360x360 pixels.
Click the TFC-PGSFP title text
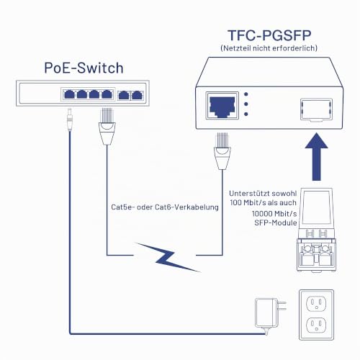269,35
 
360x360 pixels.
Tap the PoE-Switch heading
84,68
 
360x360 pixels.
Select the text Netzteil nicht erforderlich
269,48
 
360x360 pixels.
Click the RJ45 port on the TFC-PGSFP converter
222,106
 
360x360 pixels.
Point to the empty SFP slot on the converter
316,109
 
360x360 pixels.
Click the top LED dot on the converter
246,94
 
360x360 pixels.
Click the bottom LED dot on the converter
246,114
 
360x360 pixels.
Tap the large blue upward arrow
317,156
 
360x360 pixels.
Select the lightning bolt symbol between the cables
167,257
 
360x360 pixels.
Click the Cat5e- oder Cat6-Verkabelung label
165,207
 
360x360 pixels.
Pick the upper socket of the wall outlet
316,303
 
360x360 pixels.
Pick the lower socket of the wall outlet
316,325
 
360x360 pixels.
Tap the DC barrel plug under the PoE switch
70,120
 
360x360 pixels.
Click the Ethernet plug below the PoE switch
107,127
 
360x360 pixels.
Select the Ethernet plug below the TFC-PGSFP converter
222,151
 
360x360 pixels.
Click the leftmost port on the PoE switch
69,94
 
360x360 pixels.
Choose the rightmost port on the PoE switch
137,95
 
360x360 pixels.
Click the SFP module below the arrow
316,230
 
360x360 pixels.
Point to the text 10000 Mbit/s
274,214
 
